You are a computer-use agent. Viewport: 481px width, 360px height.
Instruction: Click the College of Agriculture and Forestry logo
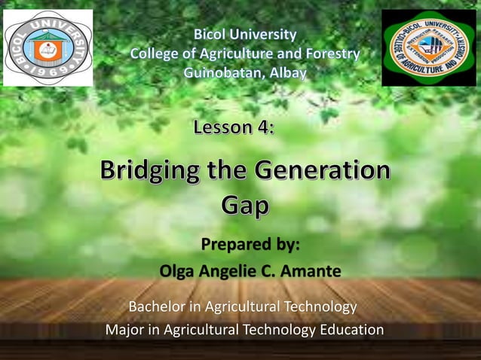tap(428, 48)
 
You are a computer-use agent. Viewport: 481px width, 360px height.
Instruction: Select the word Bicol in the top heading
tap(213, 34)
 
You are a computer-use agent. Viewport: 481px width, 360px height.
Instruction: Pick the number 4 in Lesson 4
tap(265, 127)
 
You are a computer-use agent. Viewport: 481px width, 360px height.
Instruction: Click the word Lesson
tap(225, 127)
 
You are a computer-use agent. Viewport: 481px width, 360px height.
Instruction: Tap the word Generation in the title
tap(324, 171)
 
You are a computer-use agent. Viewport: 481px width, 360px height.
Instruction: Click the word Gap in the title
tap(245, 204)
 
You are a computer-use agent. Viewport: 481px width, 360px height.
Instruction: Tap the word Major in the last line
tap(127, 330)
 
